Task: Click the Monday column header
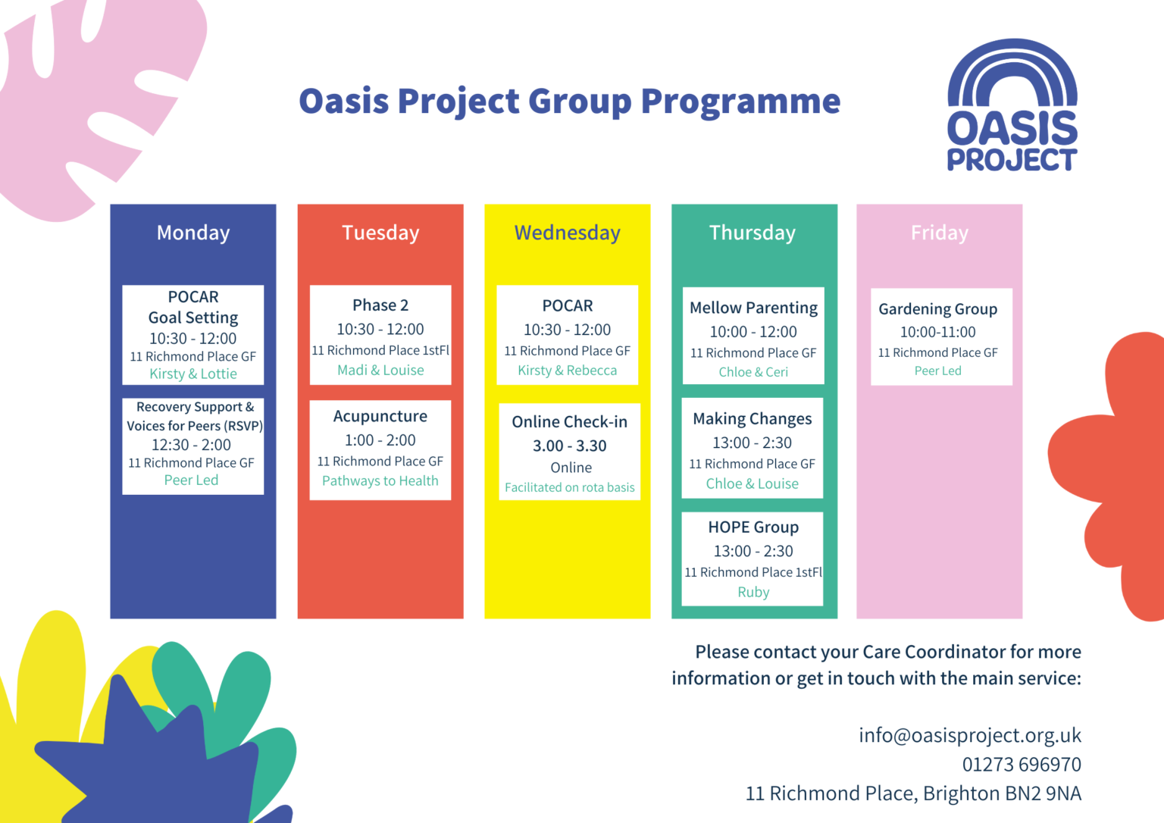point(193,233)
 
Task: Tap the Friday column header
point(939,233)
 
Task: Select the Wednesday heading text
point(567,233)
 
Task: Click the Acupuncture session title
point(380,416)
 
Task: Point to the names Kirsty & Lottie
point(193,374)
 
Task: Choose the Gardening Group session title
point(937,309)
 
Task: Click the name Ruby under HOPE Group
point(753,592)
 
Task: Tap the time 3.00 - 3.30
point(569,446)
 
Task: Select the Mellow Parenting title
point(753,308)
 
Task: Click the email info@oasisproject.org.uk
point(969,735)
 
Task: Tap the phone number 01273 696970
point(1021,764)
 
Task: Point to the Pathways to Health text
point(380,480)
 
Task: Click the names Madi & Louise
point(380,370)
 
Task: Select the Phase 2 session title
point(380,305)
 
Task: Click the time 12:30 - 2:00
point(191,445)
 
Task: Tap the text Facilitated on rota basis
point(569,487)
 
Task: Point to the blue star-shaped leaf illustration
point(152,765)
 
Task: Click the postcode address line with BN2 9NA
point(913,793)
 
